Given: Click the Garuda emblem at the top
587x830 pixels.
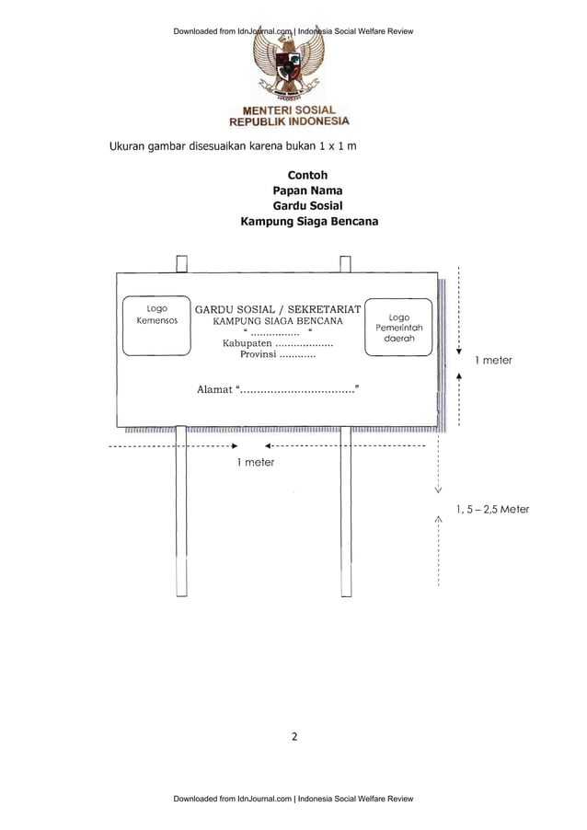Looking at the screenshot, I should pos(289,69).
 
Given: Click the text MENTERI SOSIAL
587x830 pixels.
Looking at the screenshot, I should pos(289,110).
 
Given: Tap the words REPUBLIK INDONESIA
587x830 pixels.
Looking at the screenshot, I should pos(289,121).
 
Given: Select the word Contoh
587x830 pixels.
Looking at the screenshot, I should pos(307,175).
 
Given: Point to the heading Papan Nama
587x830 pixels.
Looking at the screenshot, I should pos(307,190).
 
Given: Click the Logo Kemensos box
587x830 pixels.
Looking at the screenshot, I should pos(157,327).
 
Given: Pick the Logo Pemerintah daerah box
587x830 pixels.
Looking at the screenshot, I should pos(398,327).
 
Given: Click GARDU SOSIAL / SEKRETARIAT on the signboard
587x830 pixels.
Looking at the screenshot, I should pos(278,309).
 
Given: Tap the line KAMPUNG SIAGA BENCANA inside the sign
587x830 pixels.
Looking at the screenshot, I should pos(278,322).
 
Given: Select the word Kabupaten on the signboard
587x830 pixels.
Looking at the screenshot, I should pos(240,343).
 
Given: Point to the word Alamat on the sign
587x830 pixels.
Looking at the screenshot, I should pos(215,390).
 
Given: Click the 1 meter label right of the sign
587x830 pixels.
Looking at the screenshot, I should pos(493,361).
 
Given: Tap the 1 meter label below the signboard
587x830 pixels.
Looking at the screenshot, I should pos(255,462).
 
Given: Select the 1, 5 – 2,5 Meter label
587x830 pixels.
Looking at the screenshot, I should pos(492,509).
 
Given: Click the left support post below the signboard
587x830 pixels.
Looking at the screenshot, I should pos(181,511).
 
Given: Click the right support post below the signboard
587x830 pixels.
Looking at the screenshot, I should pos(346,511).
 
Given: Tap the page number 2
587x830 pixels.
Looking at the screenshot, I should pos(294,736).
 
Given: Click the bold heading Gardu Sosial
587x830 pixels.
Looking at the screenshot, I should pos(307,206).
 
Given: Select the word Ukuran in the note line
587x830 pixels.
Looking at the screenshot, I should pos(132,147).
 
